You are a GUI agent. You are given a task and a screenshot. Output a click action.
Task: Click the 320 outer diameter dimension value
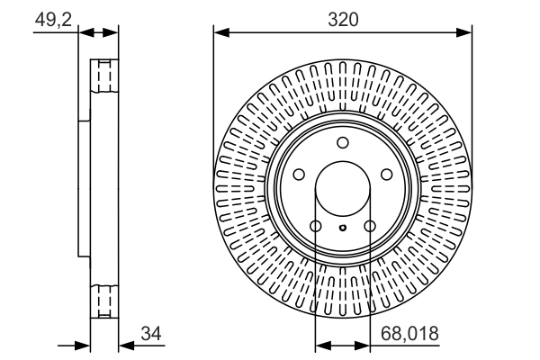point(342,19)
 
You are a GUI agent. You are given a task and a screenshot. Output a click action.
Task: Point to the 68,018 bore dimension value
point(409,335)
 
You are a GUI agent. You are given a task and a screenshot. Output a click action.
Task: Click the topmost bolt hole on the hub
point(342,143)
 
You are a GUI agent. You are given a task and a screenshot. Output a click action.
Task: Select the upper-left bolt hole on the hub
point(298,175)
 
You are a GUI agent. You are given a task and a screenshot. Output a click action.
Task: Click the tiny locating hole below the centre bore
point(342,229)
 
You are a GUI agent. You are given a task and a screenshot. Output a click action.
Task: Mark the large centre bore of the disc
point(342,189)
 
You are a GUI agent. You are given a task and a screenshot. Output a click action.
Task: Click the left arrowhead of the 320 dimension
point(219,33)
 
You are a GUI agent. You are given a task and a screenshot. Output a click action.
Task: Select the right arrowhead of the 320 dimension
point(466,33)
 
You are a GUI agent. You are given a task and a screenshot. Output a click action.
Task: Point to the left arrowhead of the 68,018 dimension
point(320,345)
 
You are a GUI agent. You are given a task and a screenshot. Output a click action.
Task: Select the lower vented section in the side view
point(106,298)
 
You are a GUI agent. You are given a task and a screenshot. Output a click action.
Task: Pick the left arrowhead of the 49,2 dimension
point(85,33)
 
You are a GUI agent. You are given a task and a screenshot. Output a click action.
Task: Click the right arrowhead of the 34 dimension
point(124,345)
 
